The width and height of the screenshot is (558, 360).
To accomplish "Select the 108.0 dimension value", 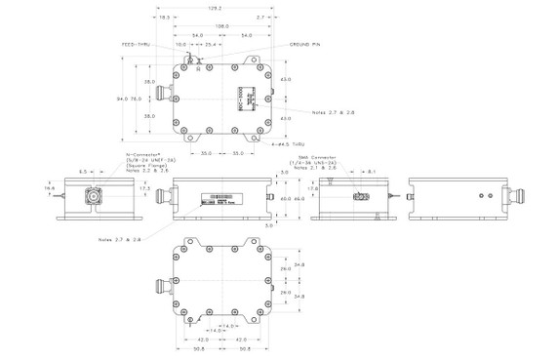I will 213,26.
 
